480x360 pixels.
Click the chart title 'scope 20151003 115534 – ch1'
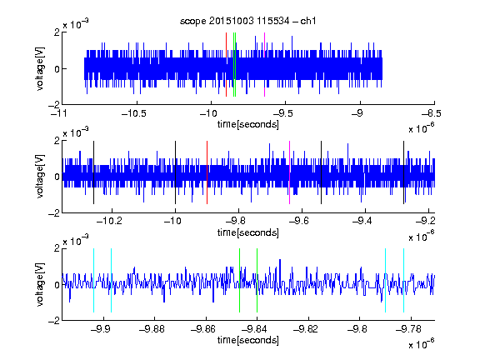click(x=247, y=21)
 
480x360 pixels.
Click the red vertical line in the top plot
click(x=226, y=65)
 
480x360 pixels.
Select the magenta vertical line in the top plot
click(x=264, y=65)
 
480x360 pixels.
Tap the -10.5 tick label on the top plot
click(x=134, y=113)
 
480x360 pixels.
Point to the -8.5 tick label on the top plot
click(x=432, y=113)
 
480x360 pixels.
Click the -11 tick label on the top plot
click(x=59, y=113)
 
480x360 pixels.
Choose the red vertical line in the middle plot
click(x=207, y=172)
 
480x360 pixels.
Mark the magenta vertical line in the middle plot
click(x=290, y=172)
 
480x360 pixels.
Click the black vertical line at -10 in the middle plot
click(x=175, y=172)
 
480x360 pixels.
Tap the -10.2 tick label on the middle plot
click(x=109, y=221)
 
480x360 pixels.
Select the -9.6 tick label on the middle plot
click(x=299, y=221)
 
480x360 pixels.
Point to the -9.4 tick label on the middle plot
click(x=362, y=221)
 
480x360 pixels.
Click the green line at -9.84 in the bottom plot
click(x=257, y=280)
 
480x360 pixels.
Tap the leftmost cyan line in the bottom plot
click(x=93, y=280)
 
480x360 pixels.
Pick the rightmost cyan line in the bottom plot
click(x=404, y=280)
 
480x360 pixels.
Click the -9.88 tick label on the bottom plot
click(x=152, y=329)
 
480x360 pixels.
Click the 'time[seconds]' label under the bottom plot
click(x=248, y=340)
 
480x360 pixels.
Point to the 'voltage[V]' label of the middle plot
click(x=40, y=176)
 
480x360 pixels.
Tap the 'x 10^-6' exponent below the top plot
click(x=422, y=128)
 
